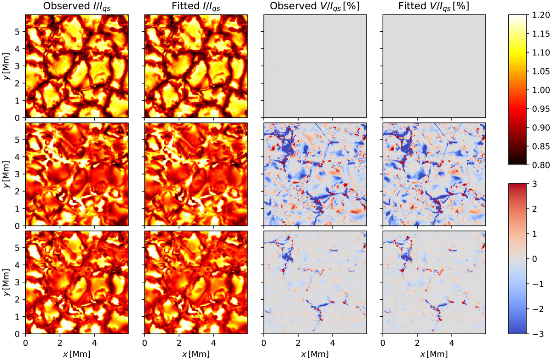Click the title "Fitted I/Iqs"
click(x=196, y=6)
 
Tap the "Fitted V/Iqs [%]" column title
click(x=434, y=6)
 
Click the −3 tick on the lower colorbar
click(x=537, y=333)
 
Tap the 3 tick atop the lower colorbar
click(x=537, y=184)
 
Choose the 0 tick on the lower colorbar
click(x=537, y=259)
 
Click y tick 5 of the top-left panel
click(x=18, y=32)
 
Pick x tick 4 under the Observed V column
click(x=333, y=343)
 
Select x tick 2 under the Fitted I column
click(x=179, y=343)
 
